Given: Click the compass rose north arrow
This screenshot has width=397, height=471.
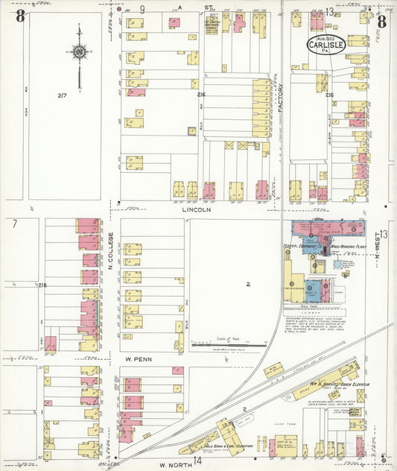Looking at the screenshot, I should pos(77,52).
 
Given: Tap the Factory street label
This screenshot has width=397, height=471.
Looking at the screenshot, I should pos(282,97).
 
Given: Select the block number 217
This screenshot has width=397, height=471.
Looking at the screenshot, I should pos(63,96).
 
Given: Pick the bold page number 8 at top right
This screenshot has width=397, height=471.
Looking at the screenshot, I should pos(381,21).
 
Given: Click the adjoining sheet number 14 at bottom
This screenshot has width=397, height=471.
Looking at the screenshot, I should pos(198,462).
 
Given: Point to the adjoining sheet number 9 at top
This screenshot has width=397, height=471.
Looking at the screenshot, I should pos(142,8).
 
